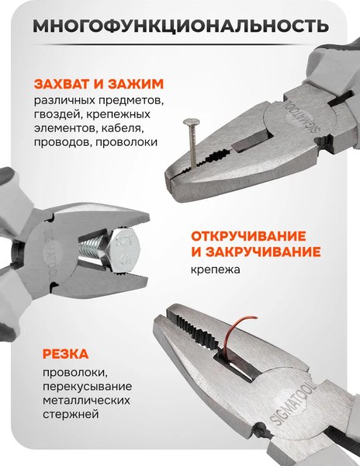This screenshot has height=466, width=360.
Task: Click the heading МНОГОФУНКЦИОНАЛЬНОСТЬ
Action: pyautogui.click(x=180, y=27)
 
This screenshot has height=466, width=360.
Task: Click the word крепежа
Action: pyautogui.click(x=216, y=271)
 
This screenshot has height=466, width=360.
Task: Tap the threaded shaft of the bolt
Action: pyautogui.click(x=93, y=249)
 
